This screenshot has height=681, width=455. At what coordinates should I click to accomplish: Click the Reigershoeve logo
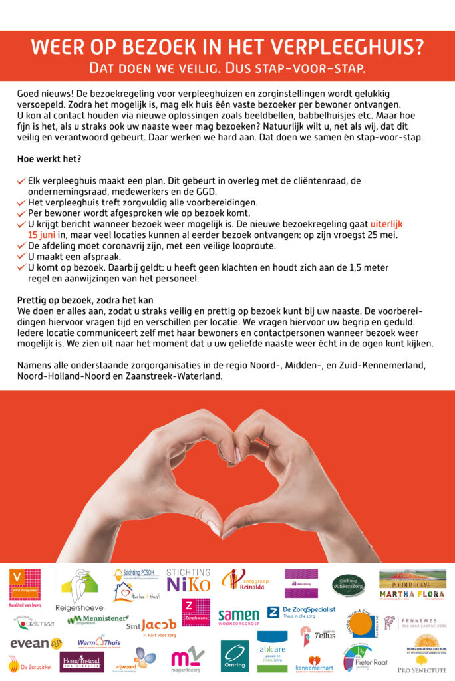coord(79,589)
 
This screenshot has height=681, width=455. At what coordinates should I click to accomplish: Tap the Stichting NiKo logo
coord(188,581)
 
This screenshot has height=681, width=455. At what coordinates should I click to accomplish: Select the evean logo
coord(35,643)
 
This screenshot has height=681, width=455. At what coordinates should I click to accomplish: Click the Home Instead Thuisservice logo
coord(82,661)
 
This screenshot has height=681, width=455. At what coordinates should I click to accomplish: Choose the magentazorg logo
coord(188,658)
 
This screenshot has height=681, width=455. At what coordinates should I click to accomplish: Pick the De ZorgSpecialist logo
coord(301,613)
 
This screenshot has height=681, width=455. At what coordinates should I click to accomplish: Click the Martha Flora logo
coord(412,594)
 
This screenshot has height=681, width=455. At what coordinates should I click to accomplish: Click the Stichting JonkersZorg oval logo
coord(348,585)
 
